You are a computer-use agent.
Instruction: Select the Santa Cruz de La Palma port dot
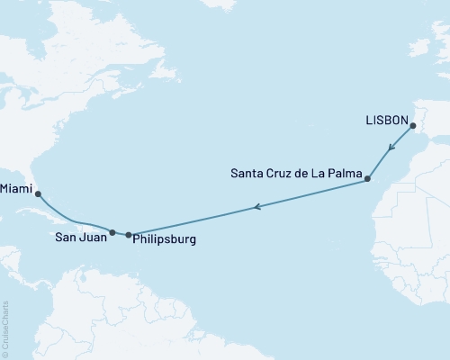pos(367,180)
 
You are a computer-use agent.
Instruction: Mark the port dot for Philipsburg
pos(129,235)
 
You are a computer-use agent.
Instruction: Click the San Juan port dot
pos(112,232)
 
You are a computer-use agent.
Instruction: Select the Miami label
pos(18,190)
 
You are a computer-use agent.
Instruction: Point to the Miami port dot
pos(38,193)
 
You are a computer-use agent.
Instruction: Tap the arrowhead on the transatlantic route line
pos(257,208)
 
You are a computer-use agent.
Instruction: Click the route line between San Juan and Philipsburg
pos(121,234)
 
